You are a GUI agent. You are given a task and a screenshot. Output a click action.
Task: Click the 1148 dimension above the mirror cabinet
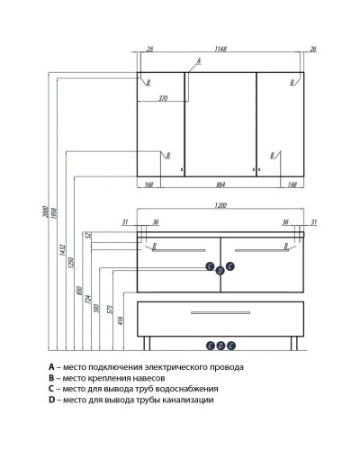coord(220,49)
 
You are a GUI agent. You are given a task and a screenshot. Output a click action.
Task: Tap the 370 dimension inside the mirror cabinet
coord(163,98)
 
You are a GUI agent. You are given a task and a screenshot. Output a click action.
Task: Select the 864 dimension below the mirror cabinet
coord(220,184)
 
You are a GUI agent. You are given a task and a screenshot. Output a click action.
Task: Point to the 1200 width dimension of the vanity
coord(220,205)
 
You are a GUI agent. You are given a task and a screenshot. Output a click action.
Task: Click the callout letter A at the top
coord(199,61)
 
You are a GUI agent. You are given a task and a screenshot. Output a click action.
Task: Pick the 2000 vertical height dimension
coord(45,211)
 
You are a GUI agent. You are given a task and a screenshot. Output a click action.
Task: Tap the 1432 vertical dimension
coord(62,250)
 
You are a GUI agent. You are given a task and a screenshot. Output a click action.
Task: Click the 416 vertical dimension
coord(121,320)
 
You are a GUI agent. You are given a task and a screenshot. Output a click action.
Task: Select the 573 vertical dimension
coord(109,310)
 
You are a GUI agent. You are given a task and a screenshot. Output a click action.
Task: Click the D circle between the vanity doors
coord(220,271)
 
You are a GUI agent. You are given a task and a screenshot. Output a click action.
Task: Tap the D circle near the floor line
coord(220,346)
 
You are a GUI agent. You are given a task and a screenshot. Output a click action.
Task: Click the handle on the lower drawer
coord(220,312)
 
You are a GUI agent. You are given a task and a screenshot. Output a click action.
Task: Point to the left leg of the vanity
coord(147,343)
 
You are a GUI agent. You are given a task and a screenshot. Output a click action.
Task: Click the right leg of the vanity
coord(294,343)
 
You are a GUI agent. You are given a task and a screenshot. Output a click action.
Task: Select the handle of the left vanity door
coord(179,250)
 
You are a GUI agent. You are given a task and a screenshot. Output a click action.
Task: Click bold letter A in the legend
coord(51,367)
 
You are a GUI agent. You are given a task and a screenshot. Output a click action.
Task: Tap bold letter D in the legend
coord(52,400)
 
